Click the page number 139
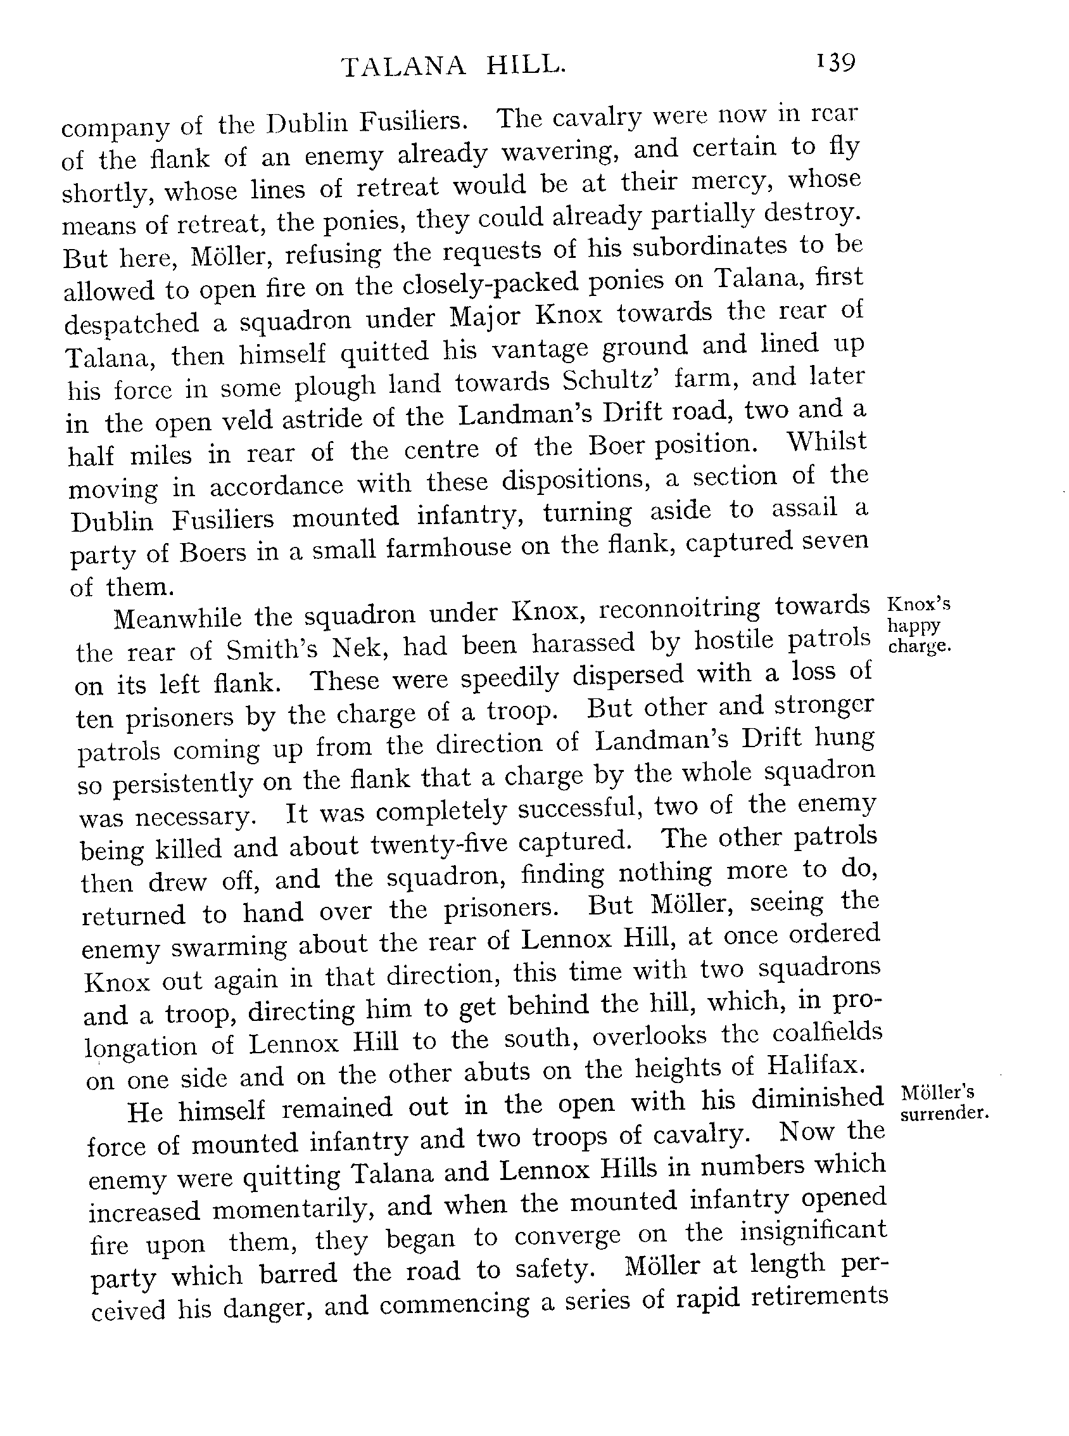pos(835,63)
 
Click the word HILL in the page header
pos(525,65)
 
